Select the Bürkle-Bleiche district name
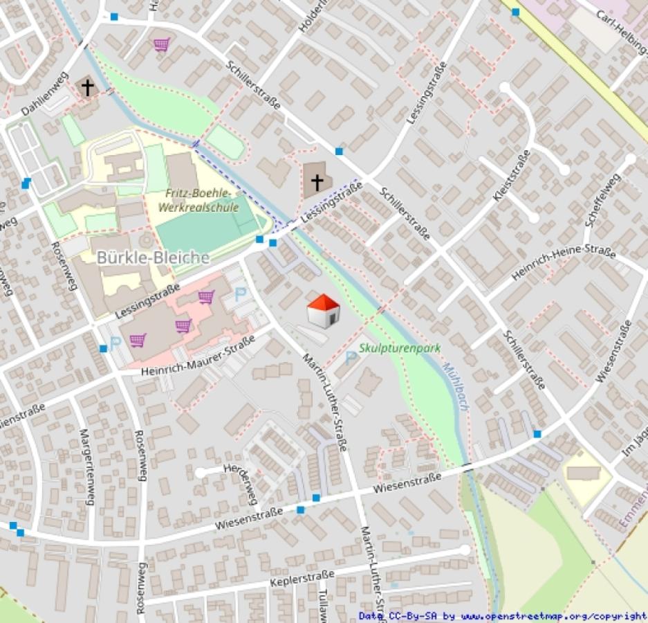point(153,258)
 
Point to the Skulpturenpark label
point(400,350)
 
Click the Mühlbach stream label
point(456,387)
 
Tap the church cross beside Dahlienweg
point(88,87)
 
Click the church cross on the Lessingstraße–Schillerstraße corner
point(317,183)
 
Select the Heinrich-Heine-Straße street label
point(564,262)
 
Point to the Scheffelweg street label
point(599,199)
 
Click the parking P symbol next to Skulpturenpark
point(351,357)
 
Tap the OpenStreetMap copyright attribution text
point(503,616)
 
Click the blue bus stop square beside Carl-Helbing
point(515,12)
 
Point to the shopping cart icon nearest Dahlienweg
point(162,44)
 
